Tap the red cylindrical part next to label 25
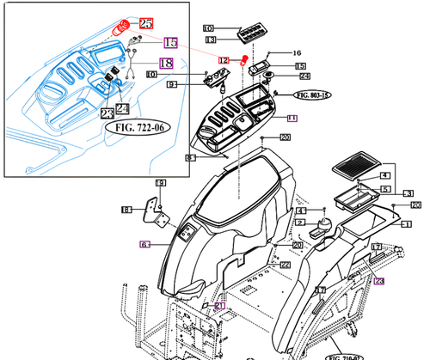124,27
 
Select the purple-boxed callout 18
166,63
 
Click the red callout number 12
224,60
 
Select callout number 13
210,40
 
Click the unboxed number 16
298,52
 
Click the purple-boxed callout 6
145,245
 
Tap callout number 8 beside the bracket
125,210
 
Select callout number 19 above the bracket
159,184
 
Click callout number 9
172,84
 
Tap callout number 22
285,264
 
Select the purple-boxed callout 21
218,306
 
